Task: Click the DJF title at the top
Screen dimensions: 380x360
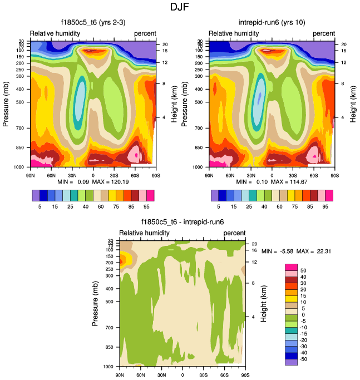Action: [x=180, y=7]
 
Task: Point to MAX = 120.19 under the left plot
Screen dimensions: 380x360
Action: [x=115, y=182]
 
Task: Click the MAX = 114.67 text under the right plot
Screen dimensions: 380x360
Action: [x=294, y=182]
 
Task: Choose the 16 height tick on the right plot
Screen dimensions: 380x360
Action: [x=344, y=51]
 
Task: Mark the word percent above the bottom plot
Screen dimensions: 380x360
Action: [x=234, y=233]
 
